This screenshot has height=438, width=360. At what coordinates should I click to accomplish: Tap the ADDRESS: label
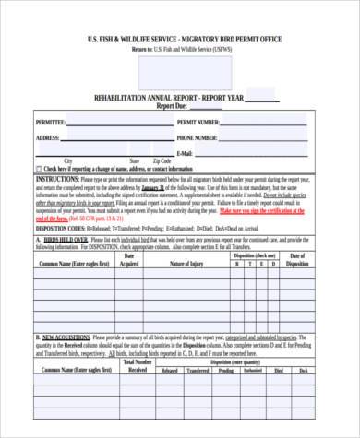[x=47, y=137]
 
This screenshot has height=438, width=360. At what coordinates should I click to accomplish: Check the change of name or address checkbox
[x=38, y=170]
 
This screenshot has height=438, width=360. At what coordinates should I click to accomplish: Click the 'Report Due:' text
[x=174, y=106]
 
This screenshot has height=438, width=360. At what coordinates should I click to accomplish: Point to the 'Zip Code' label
[x=162, y=160]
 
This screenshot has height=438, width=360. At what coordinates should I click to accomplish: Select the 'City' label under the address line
[x=67, y=160]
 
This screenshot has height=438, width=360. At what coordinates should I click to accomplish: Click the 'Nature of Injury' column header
[x=186, y=264]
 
